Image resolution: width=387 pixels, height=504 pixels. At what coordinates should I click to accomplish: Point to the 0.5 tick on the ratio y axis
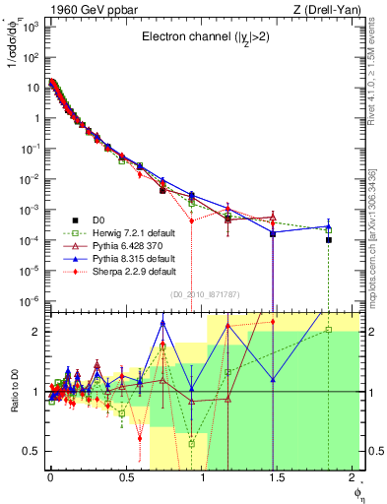pyautogui.click(x=33, y=451)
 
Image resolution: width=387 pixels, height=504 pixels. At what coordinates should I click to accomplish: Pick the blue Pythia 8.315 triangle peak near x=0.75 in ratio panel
pyautogui.click(x=162, y=323)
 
